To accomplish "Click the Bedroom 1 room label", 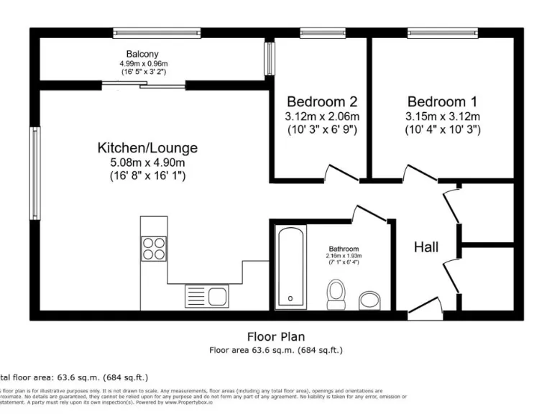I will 441,101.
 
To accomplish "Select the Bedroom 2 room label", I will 321,101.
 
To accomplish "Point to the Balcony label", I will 142,54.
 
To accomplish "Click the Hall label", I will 426,247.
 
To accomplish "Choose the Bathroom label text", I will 344,249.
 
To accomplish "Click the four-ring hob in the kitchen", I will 154,248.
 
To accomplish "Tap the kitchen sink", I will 206,295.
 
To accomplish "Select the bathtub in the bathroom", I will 290,267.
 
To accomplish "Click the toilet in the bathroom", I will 335,293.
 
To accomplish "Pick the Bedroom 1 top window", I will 441,32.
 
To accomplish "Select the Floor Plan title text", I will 275,336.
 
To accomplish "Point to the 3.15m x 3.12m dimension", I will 441,116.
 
